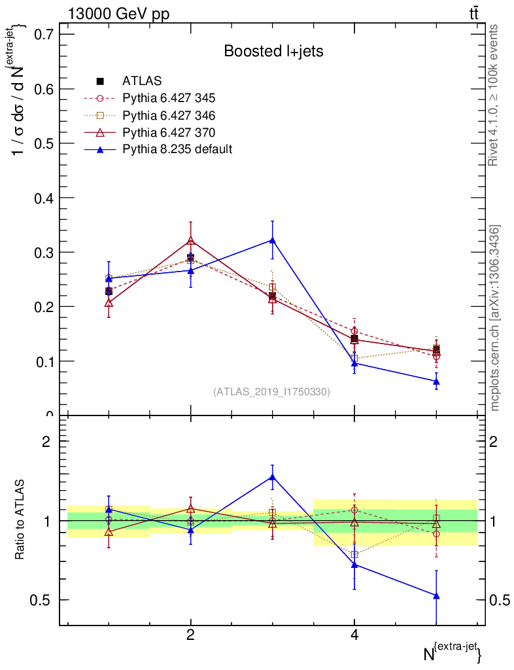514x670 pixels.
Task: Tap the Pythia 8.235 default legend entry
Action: (x=177, y=149)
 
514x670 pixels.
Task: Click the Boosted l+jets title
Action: (x=273, y=51)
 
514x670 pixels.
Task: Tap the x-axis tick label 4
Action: (x=354, y=635)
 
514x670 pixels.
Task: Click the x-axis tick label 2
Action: (x=190, y=635)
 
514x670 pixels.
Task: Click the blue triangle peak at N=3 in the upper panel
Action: (x=272, y=240)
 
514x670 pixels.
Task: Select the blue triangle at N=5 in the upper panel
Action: (x=436, y=381)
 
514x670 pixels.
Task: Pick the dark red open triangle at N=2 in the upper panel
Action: (x=190, y=241)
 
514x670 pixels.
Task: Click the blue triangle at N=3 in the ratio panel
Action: (x=272, y=477)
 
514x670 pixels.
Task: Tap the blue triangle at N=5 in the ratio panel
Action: (x=436, y=595)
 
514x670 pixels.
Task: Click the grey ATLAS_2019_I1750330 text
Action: (x=271, y=392)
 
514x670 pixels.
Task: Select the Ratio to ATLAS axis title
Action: (x=21, y=520)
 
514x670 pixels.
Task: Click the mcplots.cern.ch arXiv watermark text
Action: (x=495, y=317)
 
